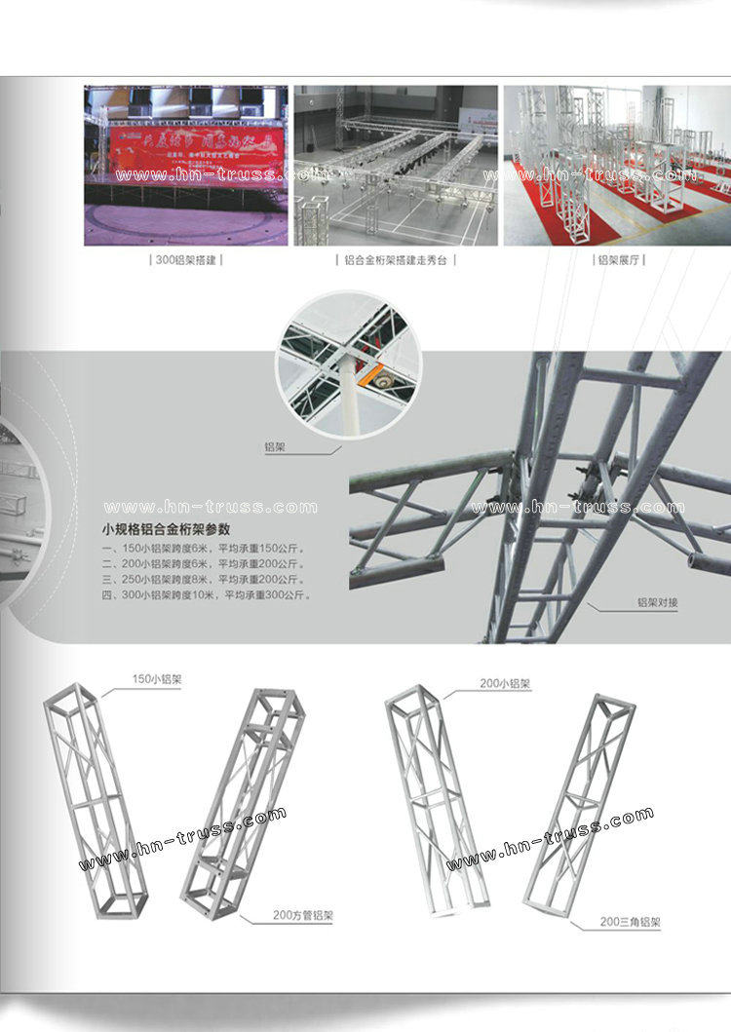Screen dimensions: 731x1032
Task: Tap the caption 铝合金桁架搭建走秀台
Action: [x=397, y=260]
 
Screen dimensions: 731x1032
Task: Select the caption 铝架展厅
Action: [x=620, y=260]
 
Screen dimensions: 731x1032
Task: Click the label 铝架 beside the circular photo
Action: [x=276, y=447]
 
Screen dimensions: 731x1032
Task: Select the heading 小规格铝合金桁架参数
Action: [x=166, y=530]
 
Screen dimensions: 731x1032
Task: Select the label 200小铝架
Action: [x=505, y=684]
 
